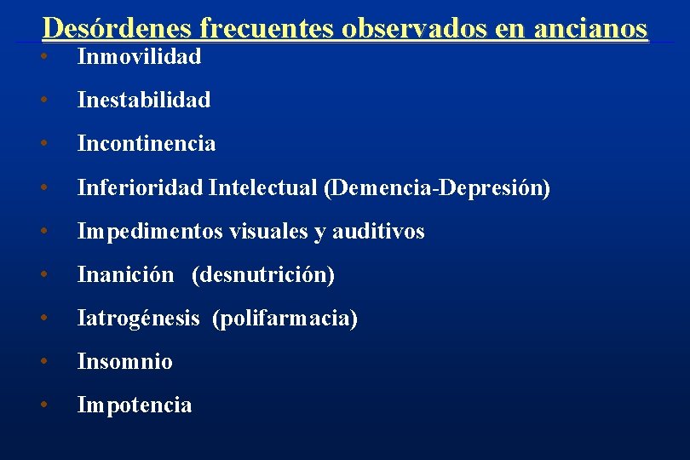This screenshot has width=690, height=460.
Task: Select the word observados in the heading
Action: coord(415,28)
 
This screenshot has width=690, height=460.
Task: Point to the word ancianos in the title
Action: coord(590,28)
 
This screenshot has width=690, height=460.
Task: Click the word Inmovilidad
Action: coord(139,57)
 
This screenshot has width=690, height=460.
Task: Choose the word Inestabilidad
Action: coord(143,101)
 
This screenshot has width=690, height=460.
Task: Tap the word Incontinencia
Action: coord(147,144)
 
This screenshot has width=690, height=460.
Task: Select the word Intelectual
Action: coord(262,187)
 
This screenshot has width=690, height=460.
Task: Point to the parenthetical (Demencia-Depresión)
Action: coord(436,187)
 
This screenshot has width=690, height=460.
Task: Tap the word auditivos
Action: coord(378,231)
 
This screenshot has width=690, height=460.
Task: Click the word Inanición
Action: coord(125,275)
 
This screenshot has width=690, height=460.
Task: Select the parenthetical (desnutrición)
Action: coord(263,275)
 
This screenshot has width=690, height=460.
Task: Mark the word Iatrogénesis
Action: coord(138,319)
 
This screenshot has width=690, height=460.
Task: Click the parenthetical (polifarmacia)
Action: coord(285,319)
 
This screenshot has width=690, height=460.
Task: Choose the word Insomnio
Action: coord(124,362)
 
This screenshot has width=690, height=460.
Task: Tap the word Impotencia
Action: coord(135,405)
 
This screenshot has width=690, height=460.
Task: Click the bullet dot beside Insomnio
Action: coord(42,361)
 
